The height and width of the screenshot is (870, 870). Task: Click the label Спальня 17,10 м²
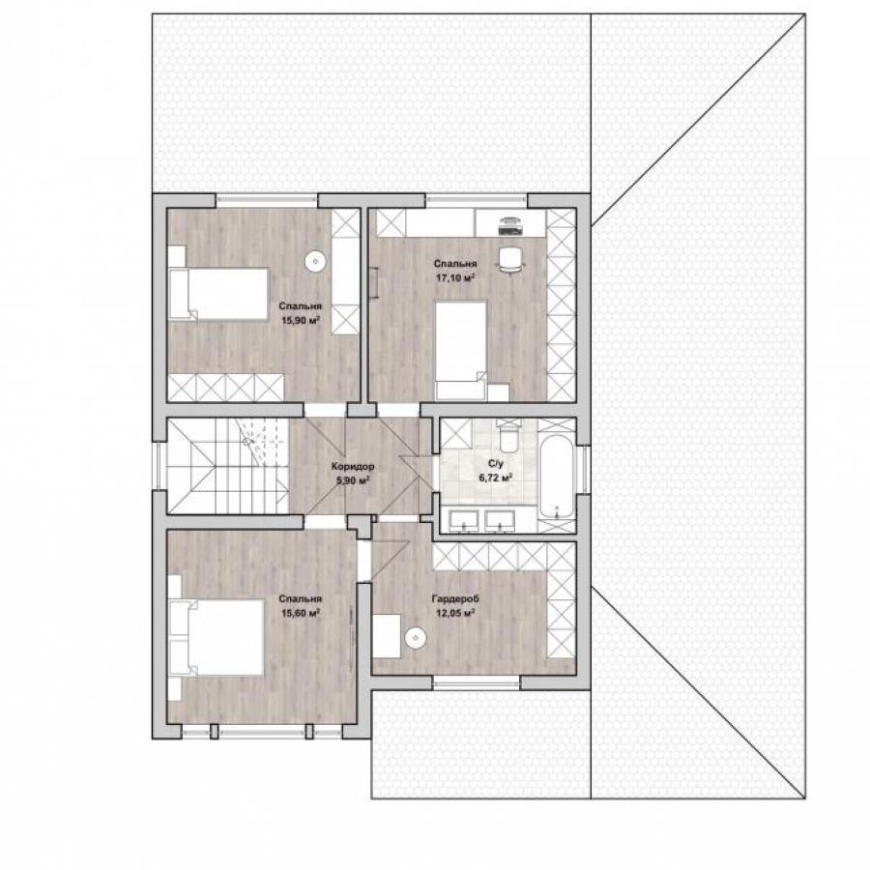[x=455, y=271]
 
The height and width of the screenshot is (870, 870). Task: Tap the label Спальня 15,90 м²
[x=301, y=313]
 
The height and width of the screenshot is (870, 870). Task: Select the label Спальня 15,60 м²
[x=301, y=606]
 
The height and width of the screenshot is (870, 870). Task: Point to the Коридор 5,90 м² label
[x=352, y=474]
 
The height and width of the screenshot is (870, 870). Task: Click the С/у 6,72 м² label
[x=496, y=470]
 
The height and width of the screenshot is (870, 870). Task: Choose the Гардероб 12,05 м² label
[x=455, y=606]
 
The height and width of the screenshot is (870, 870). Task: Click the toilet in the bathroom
[x=508, y=434]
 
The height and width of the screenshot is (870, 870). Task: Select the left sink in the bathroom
[x=464, y=520]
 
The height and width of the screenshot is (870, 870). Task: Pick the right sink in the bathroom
[x=500, y=520]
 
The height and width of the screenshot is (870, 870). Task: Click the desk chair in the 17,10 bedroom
[x=510, y=260]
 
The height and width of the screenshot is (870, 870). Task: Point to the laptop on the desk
[x=510, y=224]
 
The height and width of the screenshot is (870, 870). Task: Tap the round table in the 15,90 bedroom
[x=314, y=261]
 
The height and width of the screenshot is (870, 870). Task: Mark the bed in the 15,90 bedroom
[x=218, y=294]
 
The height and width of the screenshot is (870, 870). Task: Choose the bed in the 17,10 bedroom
[x=461, y=350]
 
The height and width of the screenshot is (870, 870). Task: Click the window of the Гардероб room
[x=477, y=682]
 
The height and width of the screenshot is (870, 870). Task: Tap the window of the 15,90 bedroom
[x=267, y=200]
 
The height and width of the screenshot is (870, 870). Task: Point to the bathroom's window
[x=583, y=470]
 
